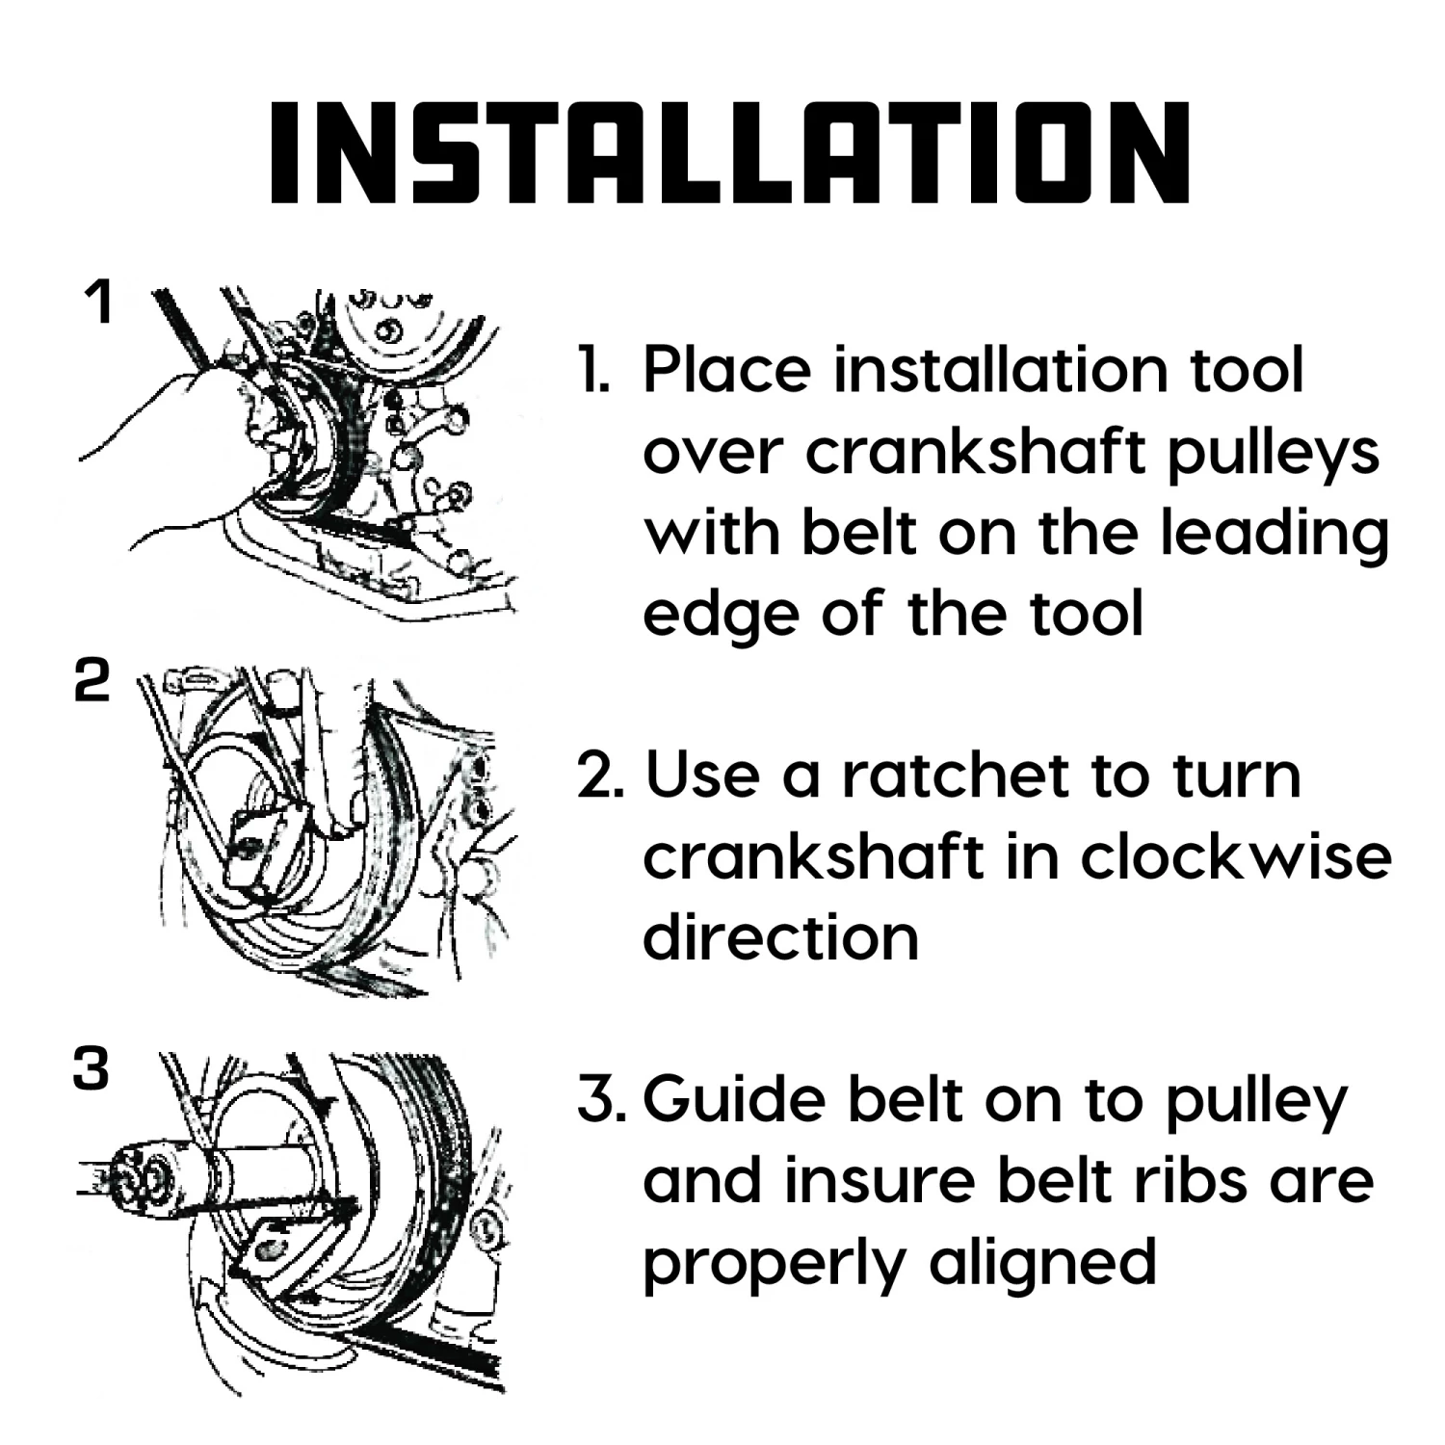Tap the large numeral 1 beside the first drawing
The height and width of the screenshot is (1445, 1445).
tap(98, 302)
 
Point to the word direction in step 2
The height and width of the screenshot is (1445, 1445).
tap(780, 936)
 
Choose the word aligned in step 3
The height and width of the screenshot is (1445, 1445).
tap(1042, 1263)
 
